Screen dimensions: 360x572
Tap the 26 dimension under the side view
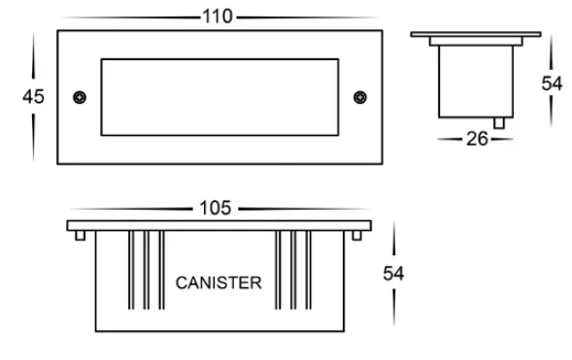pyautogui.click(x=476, y=139)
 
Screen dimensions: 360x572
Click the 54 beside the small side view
pyautogui.click(x=552, y=83)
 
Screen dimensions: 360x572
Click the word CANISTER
pyautogui.click(x=218, y=283)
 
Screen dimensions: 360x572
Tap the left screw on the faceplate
pyautogui.click(x=80, y=97)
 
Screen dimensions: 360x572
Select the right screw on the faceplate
pyautogui.click(x=360, y=97)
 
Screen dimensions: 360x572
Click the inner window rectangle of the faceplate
pyautogui.click(x=219, y=97)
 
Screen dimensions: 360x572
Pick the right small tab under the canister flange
pyautogui.click(x=354, y=236)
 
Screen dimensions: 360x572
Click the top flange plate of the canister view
pyautogui.click(x=220, y=225)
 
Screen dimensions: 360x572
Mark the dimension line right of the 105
pyautogui.click(x=301, y=209)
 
